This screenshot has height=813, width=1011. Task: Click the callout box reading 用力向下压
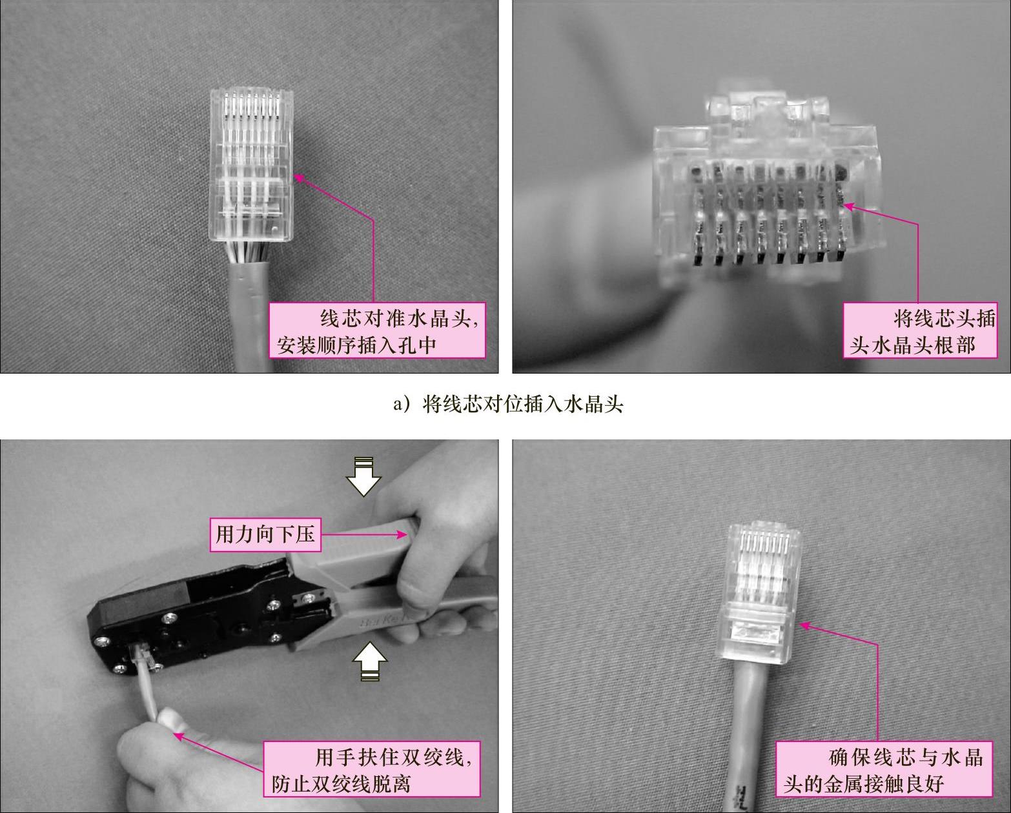(265, 534)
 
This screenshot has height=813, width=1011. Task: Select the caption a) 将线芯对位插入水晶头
(508, 404)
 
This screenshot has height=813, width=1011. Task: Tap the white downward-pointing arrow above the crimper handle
(363, 476)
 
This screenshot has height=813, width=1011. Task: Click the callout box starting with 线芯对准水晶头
(377, 330)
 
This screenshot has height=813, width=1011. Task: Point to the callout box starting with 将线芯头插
(920, 330)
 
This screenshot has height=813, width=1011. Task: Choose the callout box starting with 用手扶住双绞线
(371, 769)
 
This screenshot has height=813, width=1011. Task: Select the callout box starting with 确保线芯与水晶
(884, 769)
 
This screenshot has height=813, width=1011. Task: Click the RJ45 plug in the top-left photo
(251, 165)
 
